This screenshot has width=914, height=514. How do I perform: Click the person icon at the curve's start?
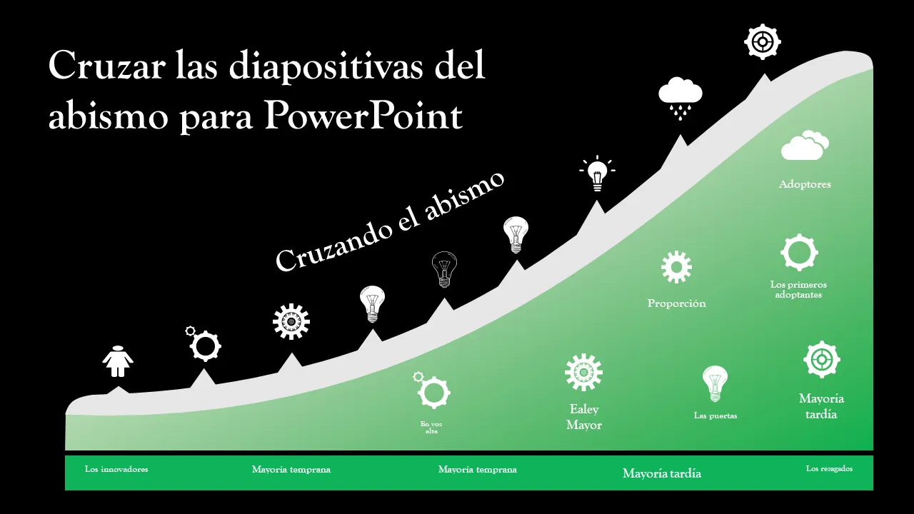tap(118, 361)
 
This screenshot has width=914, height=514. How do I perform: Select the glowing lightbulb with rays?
tap(598, 173)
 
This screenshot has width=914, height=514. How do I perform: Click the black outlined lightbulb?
tap(444, 269)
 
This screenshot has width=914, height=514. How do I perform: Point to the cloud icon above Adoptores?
tap(805, 145)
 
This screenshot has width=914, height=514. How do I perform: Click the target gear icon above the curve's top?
tap(762, 41)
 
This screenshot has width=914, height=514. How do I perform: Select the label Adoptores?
tap(805, 184)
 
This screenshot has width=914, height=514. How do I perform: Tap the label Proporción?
tap(676, 303)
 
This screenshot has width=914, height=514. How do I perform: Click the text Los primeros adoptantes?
tap(798, 290)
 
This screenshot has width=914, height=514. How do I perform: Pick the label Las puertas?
tap(715, 415)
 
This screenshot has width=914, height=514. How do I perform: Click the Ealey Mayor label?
tap(584, 417)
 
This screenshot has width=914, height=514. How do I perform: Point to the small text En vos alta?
tap(431, 428)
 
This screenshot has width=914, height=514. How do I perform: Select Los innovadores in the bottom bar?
tap(116, 469)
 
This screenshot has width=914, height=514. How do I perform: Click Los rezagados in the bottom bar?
tap(829, 469)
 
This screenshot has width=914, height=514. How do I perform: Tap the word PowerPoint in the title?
tap(363, 116)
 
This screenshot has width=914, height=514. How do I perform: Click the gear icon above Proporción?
tap(676, 267)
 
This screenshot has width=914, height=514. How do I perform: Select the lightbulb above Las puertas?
tap(715, 384)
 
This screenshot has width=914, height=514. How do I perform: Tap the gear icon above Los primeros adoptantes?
tap(799, 253)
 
